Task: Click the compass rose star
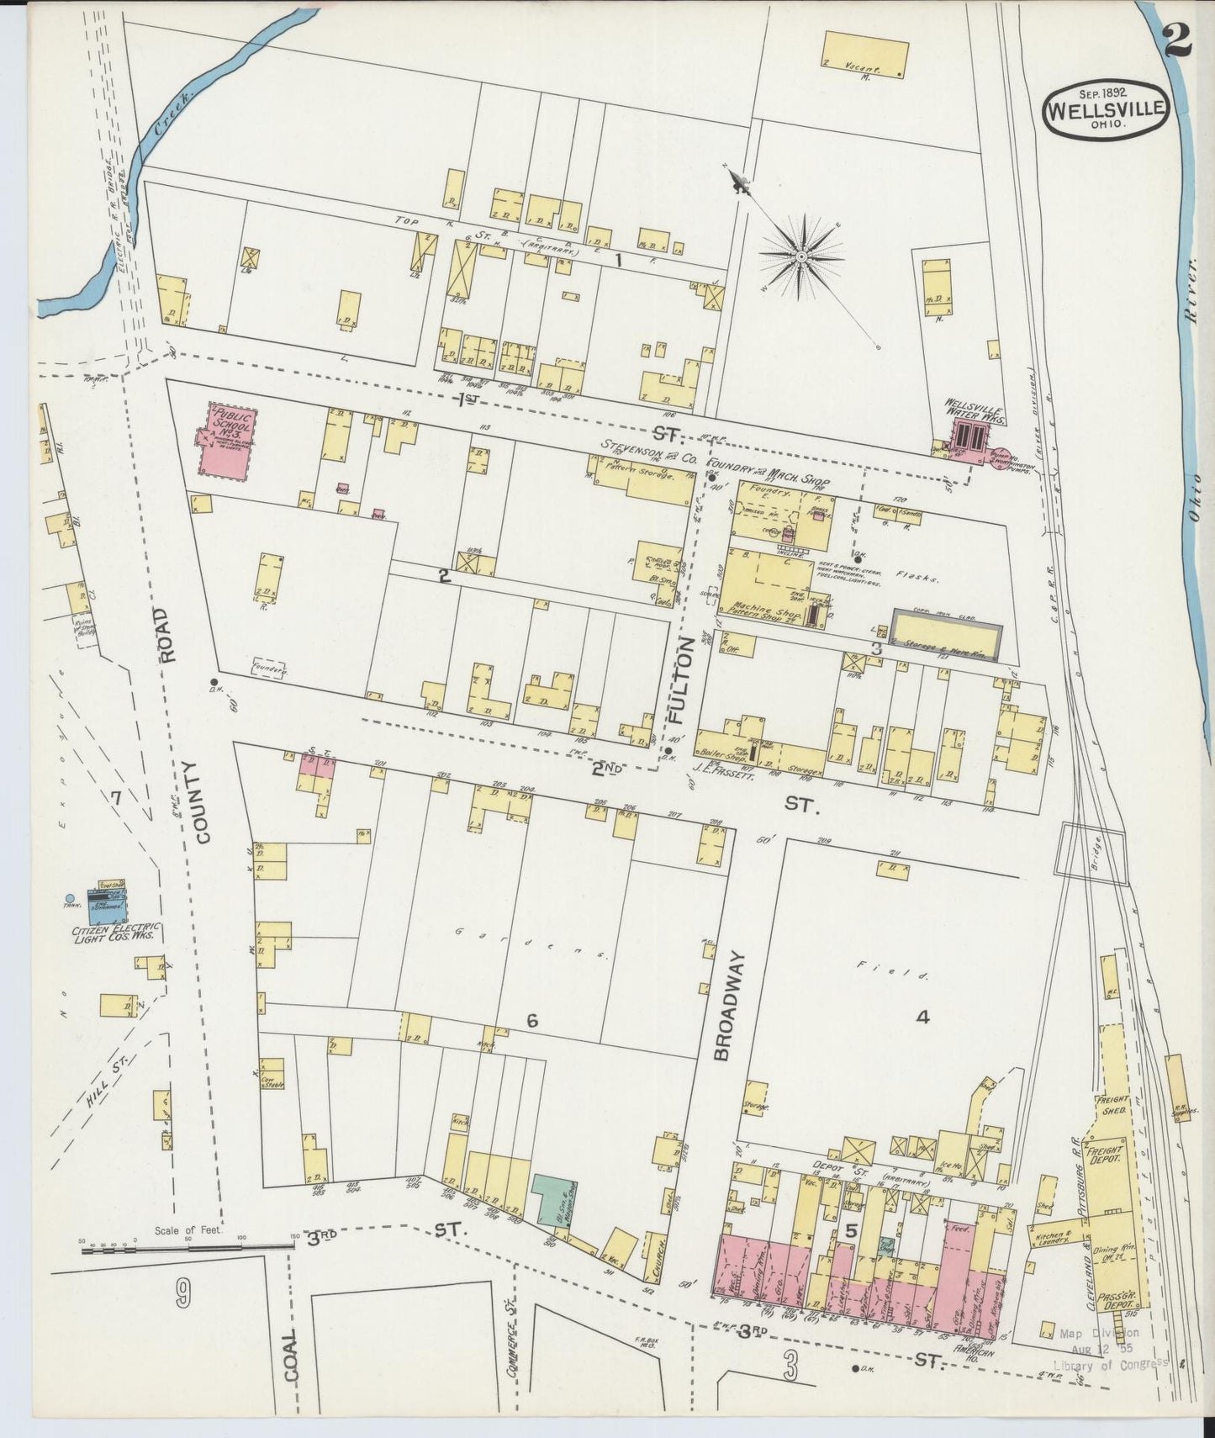point(802,253)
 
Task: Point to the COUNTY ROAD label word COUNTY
point(202,803)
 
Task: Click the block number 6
point(531,1021)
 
